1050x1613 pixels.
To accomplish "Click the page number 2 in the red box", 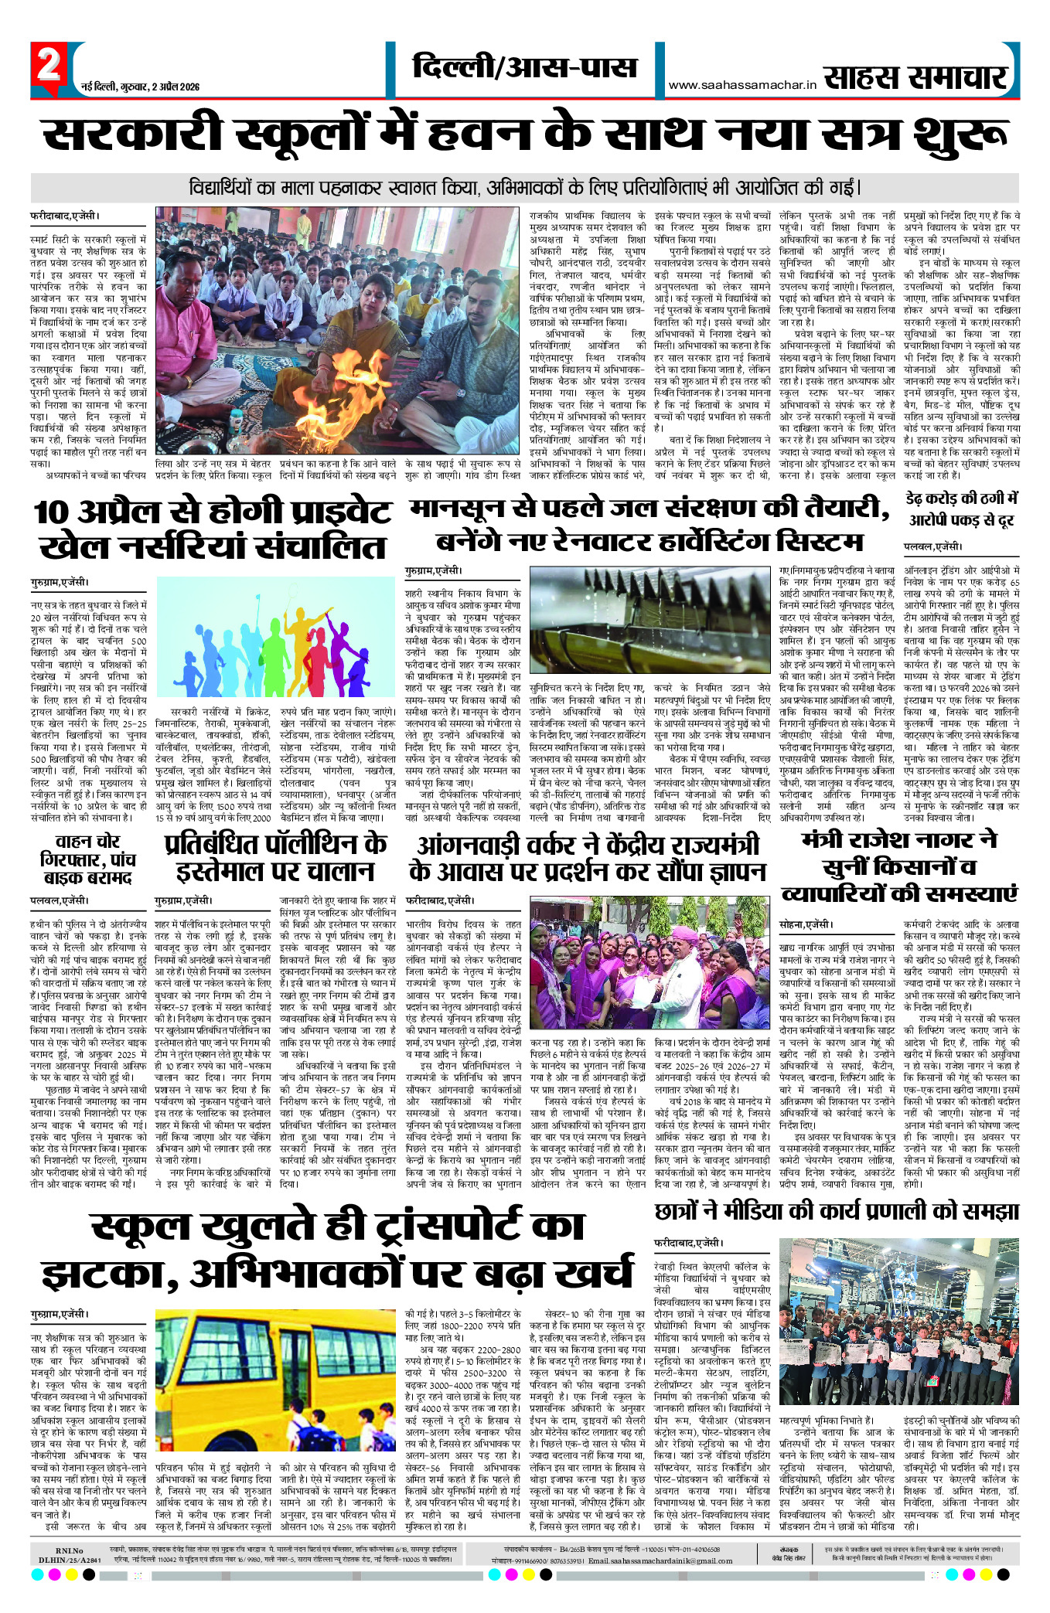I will pos(49,65).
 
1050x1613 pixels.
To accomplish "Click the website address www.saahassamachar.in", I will pos(742,86).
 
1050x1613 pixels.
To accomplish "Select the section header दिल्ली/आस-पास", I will pos(525,67).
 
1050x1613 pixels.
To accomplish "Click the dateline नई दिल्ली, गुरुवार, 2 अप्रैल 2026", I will pos(141,87).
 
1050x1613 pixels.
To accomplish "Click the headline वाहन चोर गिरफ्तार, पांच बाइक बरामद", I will pos(87,859).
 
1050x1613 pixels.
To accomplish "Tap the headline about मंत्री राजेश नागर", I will pos(899,866).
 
